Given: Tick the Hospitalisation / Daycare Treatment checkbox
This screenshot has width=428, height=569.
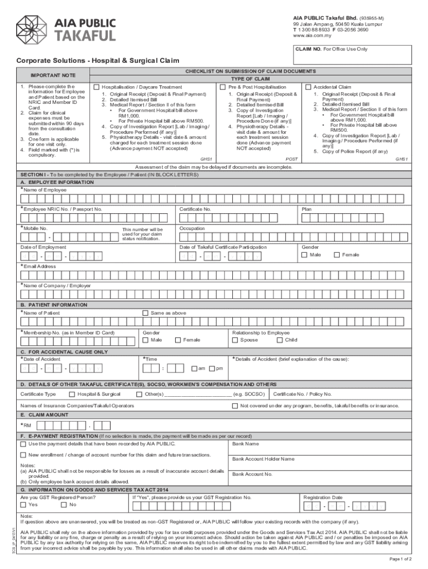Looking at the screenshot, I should click(97, 87).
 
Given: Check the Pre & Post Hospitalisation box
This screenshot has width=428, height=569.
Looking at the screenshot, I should click(223, 87).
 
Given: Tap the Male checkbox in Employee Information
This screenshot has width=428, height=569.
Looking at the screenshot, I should click(304, 254).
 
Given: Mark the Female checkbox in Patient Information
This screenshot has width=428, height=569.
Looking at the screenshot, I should click(178, 340).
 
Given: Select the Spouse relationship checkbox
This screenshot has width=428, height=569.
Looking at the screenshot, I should click(235, 340).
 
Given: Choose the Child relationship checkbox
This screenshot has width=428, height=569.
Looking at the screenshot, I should click(279, 340).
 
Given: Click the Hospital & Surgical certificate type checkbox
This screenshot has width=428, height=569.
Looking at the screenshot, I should click(72, 394).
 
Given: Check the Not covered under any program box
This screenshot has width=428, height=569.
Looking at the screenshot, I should click(235, 406).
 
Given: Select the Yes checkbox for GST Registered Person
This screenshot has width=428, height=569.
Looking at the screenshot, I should click(23, 505).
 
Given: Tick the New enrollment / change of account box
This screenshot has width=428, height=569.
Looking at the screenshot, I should click(23, 455).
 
